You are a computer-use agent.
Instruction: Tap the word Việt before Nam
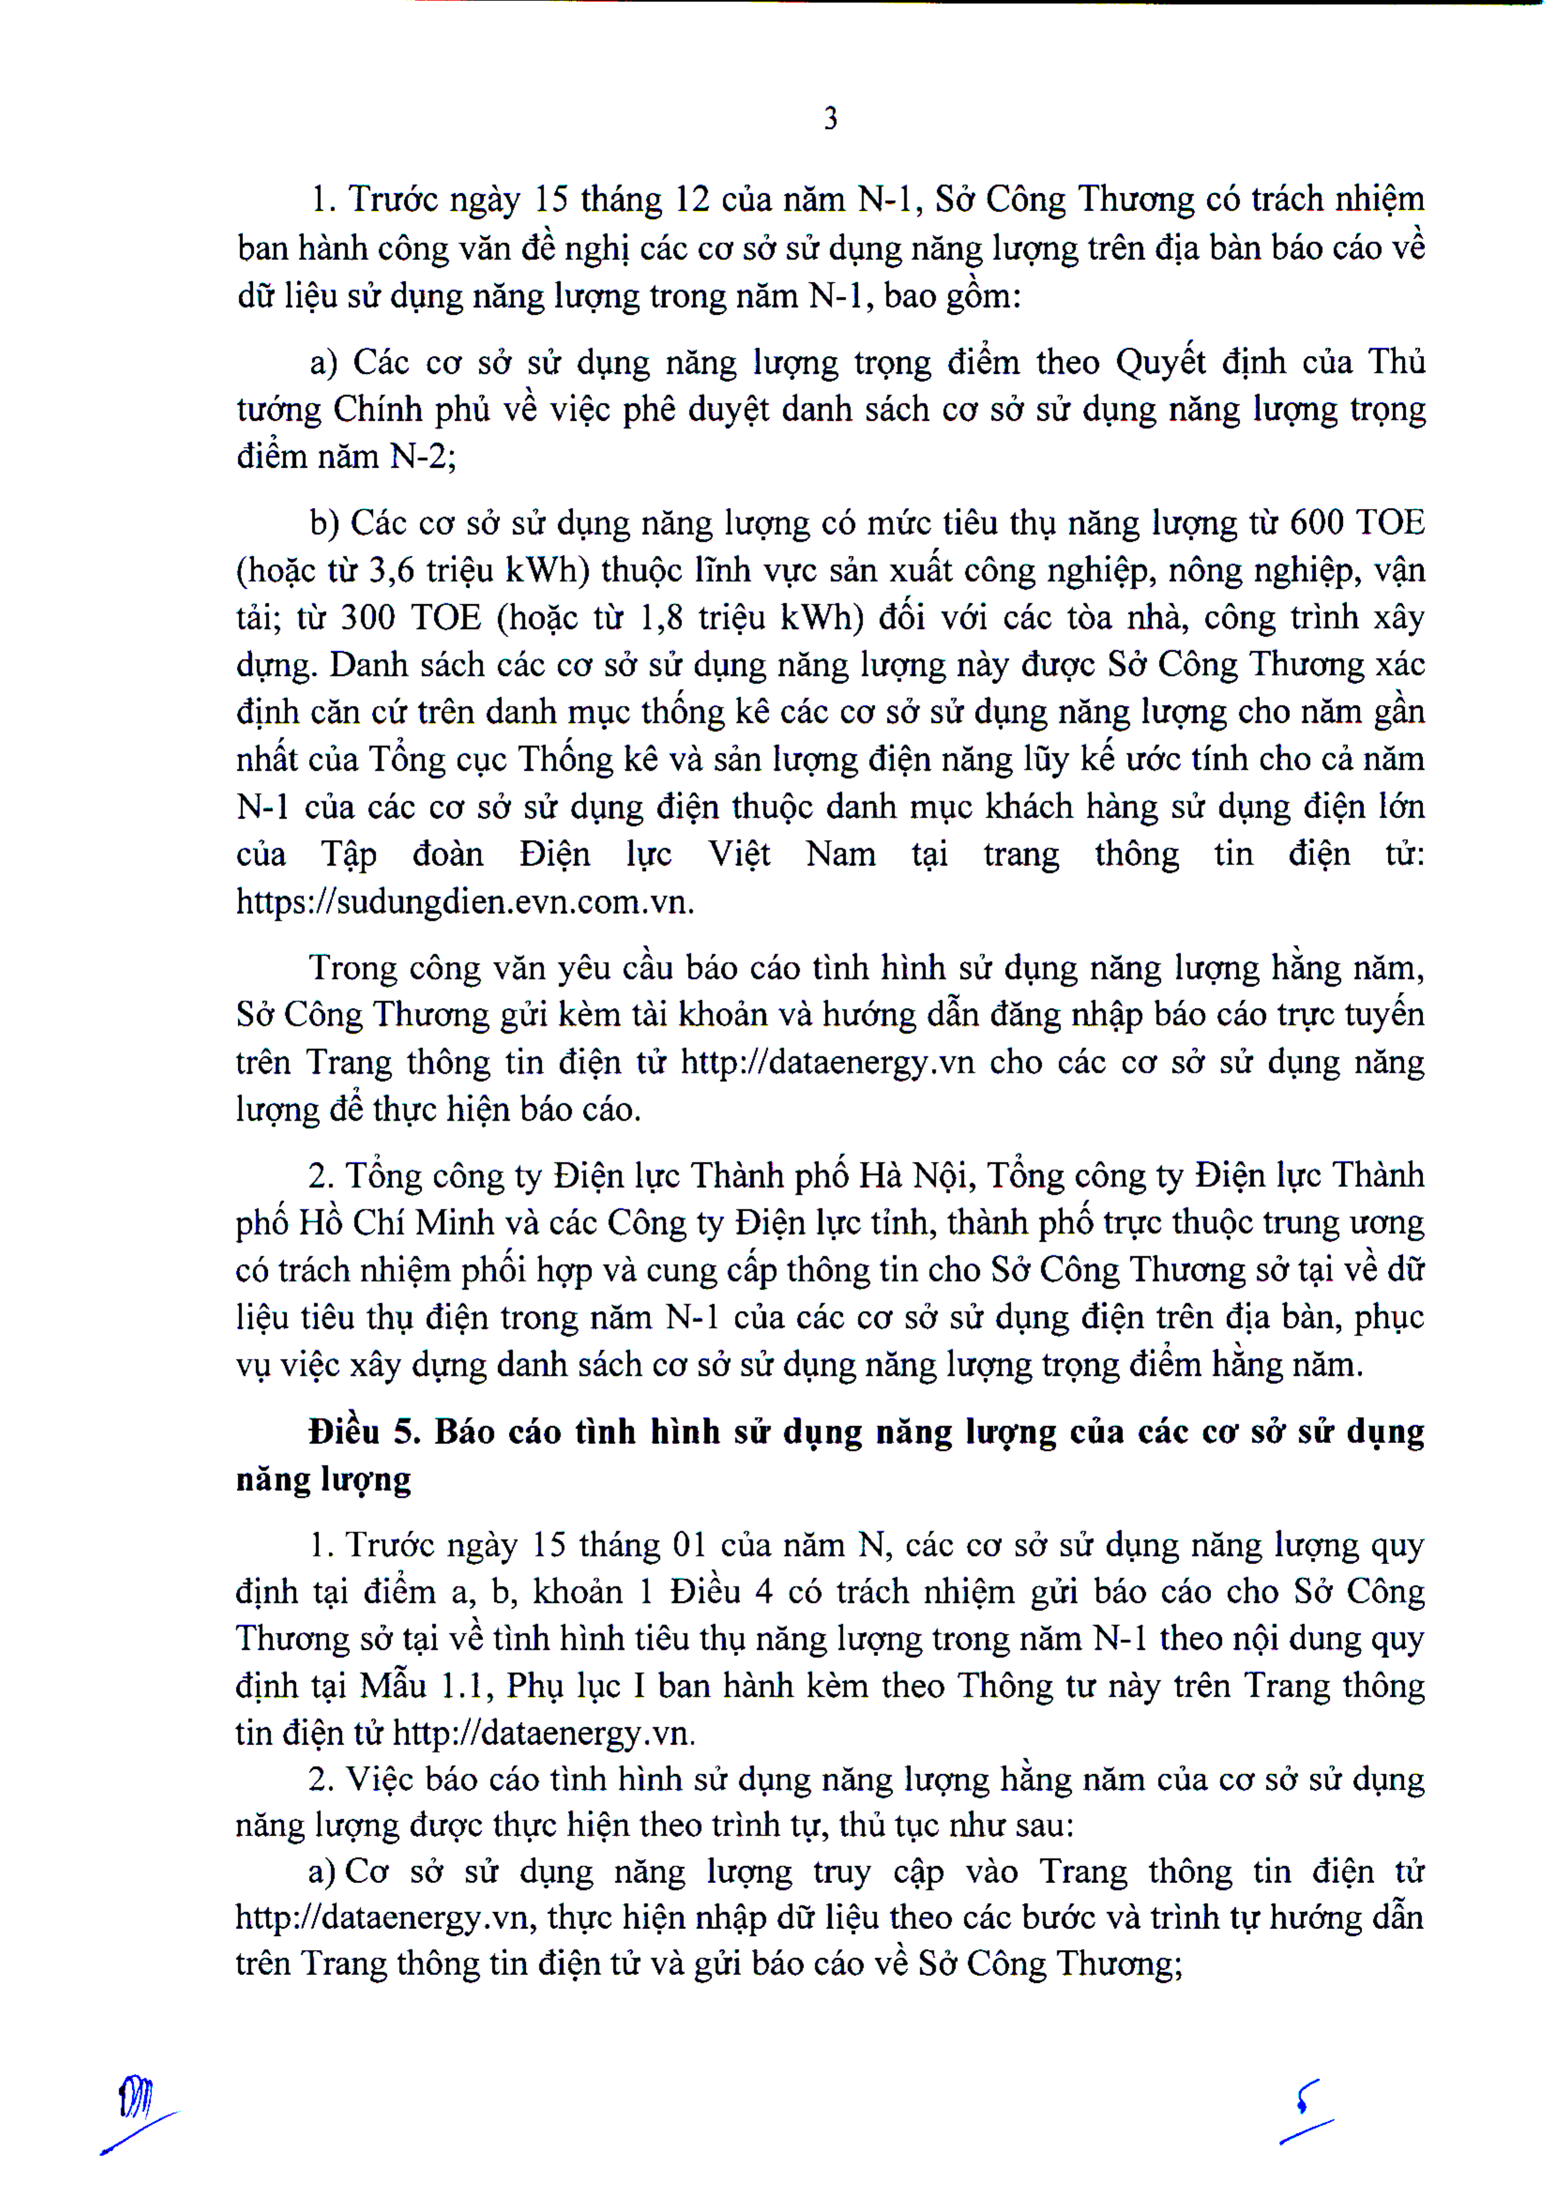pos(739,854)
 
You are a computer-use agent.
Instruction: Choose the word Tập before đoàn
pos(349,854)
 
